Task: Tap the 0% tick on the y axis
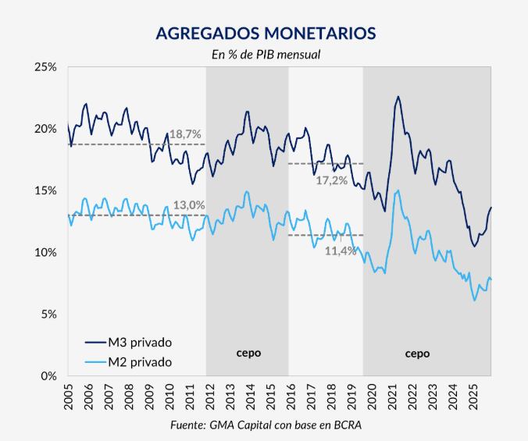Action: (49, 376)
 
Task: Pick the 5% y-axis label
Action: (49, 315)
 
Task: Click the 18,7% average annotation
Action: (186, 135)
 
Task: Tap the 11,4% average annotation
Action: (341, 251)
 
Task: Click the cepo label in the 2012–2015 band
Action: (248, 353)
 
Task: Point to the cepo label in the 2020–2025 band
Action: (417, 353)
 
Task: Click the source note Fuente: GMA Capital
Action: (266, 425)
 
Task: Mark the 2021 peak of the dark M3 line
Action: (398, 97)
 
